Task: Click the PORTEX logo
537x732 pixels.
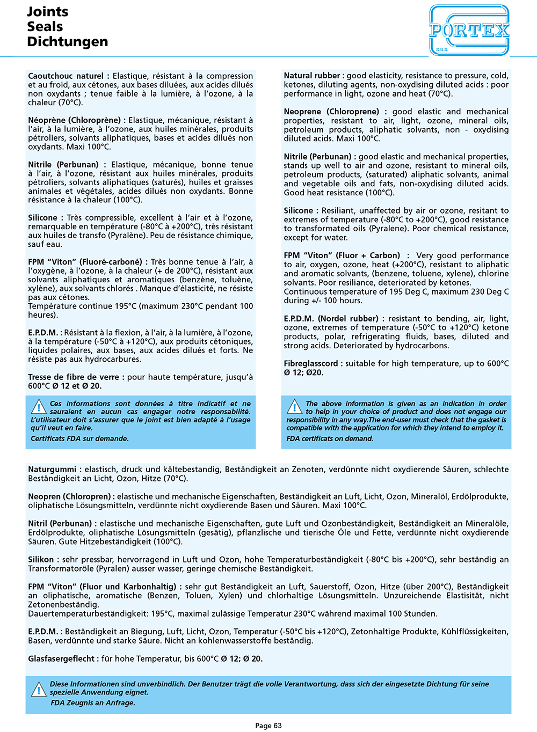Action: pyautogui.click(x=469, y=30)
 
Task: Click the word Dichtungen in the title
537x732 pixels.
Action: pyautogui.click(x=67, y=42)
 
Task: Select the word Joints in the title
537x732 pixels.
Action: pyautogui.click(x=48, y=12)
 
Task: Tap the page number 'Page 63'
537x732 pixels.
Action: pyautogui.click(x=268, y=726)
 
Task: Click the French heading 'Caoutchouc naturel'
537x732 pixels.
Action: pyautogui.click(x=66, y=76)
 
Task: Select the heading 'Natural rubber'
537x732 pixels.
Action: pyautogui.click(x=313, y=76)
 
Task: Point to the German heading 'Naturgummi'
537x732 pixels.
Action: pyautogui.click(x=52, y=470)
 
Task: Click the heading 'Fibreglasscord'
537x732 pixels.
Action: pyautogui.click(x=311, y=363)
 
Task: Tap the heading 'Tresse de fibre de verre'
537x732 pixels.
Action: pyautogui.click(x=75, y=377)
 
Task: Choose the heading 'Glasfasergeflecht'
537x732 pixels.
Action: pyautogui.click(x=61, y=658)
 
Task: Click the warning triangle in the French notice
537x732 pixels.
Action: pyautogui.click(x=39, y=406)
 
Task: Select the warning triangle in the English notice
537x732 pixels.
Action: pyautogui.click(x=294, y=406)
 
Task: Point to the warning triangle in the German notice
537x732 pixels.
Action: pyautogui.click(x=39, y=689)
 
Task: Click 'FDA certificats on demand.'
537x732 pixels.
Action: pyautogui.click(x=330, y=438)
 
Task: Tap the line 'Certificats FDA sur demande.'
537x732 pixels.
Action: pyautogui.click(x=79, y=438)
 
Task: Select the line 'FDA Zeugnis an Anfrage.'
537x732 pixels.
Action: pyautogui.click(x=93, y=702)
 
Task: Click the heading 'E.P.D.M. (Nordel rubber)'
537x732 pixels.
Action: pyautogui.click(x=331, y=319)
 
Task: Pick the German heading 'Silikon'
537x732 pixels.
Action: pyautogui.click(x=41, y=560)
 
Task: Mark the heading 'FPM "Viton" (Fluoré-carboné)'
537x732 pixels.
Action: pyautogui.click(x=85, y=262)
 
